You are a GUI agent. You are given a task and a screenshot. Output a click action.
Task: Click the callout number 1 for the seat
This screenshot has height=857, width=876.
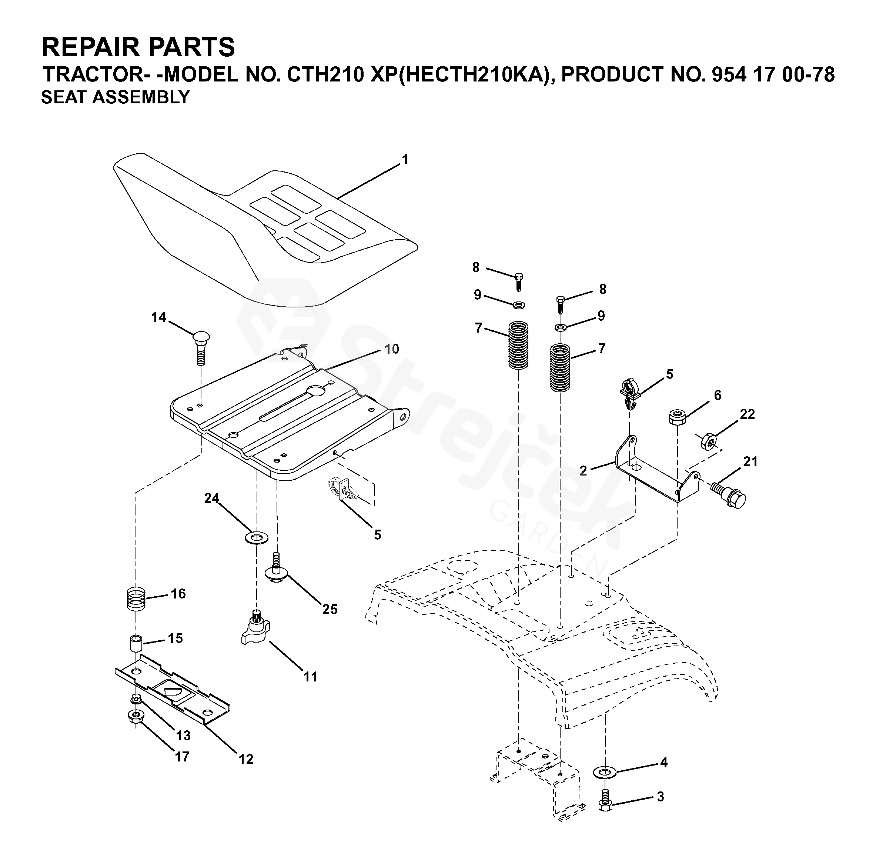tap(405, 160)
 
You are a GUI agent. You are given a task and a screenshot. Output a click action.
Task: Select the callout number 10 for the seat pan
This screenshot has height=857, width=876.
tap(391, 349)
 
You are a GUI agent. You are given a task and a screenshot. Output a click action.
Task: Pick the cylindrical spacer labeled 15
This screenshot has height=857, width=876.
tap(136, 643)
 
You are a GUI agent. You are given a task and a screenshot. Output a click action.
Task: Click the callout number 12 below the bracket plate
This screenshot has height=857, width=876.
tap(246, 759)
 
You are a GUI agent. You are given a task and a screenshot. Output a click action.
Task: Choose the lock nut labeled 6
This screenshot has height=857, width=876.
tap(676, 416)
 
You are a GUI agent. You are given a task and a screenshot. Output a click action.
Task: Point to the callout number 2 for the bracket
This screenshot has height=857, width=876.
tap(583, 471)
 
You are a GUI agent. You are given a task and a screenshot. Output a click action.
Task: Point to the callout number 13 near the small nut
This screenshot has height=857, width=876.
tap(183, 736)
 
